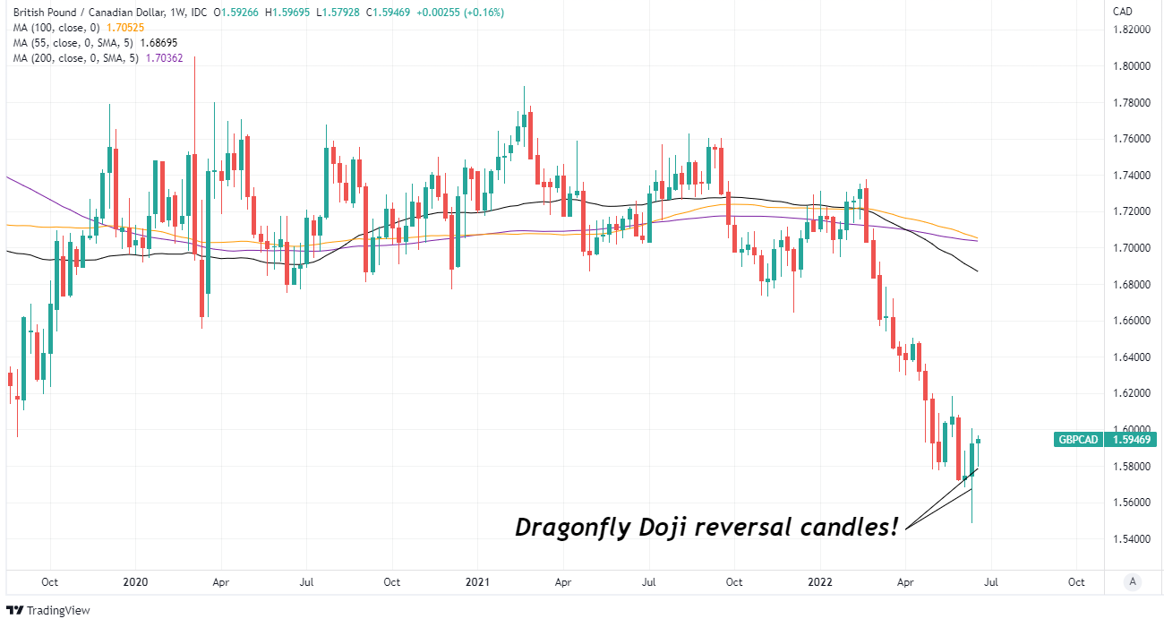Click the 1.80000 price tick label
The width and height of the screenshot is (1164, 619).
1131,65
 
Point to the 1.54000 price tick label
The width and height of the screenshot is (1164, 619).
1131,538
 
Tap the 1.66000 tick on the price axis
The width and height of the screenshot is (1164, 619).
1131,321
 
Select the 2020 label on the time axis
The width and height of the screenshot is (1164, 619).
134,582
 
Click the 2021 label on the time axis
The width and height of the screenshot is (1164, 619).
478,582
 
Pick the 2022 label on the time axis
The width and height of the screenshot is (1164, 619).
821,582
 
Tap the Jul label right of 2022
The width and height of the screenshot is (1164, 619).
991,582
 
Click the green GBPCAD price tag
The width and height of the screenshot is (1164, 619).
1078,440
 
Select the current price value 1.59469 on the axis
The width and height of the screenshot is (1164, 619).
1132,440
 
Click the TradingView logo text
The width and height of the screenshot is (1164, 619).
58,610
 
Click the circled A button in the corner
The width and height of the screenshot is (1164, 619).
1133,580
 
